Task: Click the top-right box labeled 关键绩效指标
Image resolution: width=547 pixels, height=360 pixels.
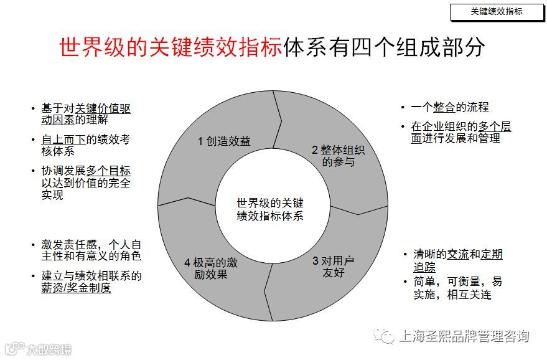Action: (x=497, y=11)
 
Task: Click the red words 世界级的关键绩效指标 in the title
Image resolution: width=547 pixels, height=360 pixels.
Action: (x=171, y=48)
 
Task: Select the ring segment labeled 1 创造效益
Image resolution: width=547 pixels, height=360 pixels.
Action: (x=224, y=141)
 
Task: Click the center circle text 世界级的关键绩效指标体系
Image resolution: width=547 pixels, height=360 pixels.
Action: (x=269, y=209)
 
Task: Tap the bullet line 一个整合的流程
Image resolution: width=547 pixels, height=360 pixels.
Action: (x=450, y=108)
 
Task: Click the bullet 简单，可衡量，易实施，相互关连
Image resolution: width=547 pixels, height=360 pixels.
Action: (x=457, y=288)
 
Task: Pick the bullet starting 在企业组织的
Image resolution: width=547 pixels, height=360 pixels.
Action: (x=461, y=132)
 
